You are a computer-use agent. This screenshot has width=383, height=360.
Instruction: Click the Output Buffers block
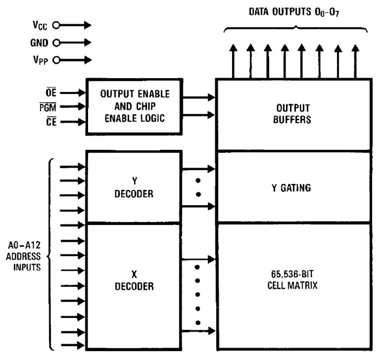[x=293, y=114]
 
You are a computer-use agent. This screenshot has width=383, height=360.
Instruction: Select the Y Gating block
[x=293, y=188]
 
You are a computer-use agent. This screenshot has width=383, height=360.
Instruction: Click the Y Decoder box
[x=134, y=188]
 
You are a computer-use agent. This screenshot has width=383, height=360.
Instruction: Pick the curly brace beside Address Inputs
[x=53, y=253]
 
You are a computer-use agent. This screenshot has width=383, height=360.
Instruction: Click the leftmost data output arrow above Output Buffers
[x=233, y=62]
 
